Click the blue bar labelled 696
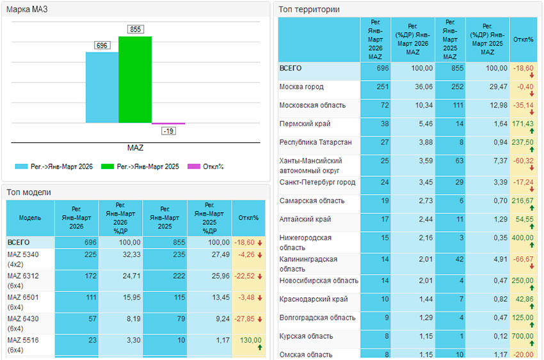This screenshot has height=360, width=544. tap(102, 87)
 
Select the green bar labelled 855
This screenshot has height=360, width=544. tap(135, 79)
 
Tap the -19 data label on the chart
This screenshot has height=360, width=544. tap(168, 131)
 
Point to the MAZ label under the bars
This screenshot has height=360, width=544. tap(135, 148)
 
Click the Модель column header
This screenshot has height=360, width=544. tap(30, 218)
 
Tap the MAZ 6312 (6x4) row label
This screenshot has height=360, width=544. tap(24, 281)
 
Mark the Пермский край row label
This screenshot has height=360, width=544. tap(305, 123)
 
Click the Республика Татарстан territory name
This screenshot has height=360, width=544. tap(316, 142)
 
